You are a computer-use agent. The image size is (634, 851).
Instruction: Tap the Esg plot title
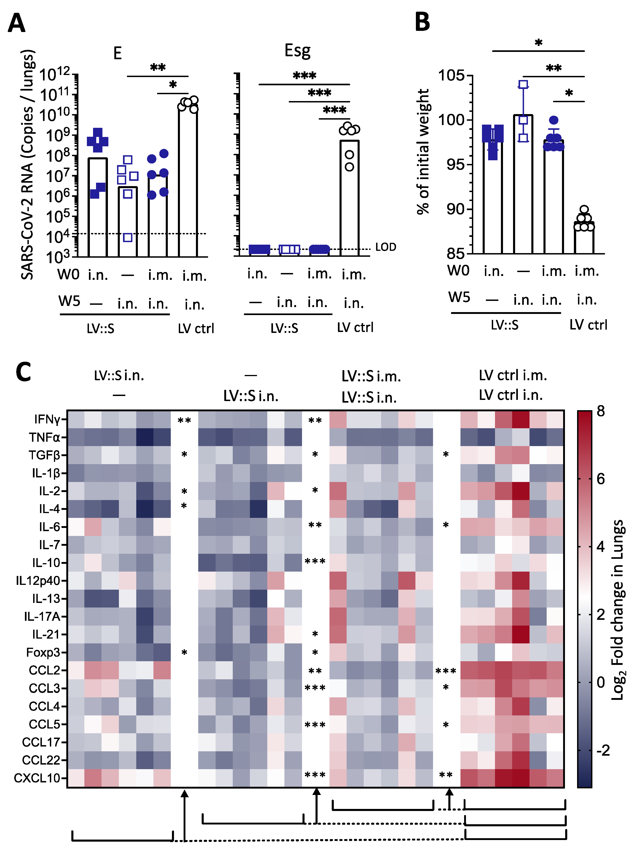point(297,51)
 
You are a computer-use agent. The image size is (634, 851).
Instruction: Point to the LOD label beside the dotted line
point(385,247)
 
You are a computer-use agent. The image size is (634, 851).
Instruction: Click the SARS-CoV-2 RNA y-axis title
point(28,165)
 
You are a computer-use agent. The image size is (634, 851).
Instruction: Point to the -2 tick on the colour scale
point(602,750)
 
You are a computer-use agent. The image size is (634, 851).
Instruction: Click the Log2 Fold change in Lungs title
point(618,610)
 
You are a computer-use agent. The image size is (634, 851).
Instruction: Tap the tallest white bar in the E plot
point(188,180)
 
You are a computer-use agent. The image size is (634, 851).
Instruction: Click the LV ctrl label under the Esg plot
point(355,327)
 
